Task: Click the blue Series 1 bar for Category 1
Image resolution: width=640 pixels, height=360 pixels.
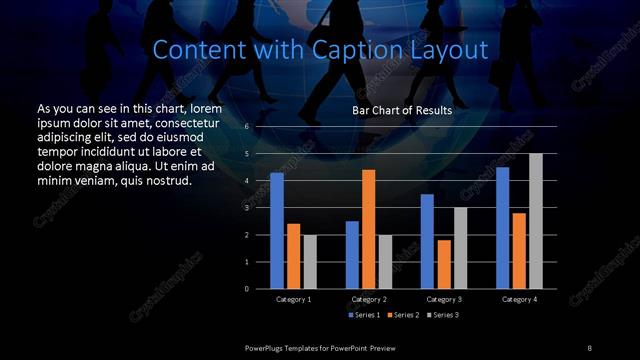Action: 277,231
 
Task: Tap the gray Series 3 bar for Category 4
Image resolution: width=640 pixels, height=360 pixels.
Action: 536,221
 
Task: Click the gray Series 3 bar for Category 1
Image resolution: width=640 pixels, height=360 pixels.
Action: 309,262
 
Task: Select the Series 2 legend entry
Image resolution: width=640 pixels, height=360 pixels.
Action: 404,315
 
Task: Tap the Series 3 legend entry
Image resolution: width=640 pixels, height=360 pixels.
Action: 443,315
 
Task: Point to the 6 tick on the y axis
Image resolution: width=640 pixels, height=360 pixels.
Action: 246,127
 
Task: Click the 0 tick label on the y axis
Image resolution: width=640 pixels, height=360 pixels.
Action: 246,289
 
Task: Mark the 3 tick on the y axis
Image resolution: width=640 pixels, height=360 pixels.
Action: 246,208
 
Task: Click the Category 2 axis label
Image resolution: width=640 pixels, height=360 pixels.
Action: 369,299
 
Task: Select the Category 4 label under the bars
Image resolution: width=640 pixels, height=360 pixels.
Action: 519,299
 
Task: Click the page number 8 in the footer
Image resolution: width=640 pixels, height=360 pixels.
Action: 589,347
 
